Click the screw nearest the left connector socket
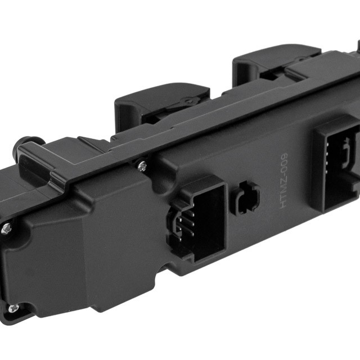pos(142,166)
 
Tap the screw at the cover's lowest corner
pos(12,308)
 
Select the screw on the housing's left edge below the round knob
pos(6,228)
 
